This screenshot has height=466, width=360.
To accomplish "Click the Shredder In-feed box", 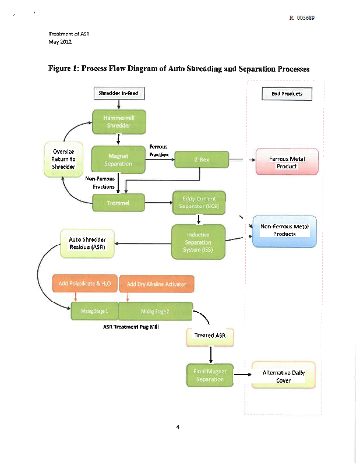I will [118, 93].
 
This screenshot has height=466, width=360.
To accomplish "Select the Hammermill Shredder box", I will [119, 122].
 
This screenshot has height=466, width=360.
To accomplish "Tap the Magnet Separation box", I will [118, 160].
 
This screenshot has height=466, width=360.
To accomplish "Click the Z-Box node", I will [200, 159].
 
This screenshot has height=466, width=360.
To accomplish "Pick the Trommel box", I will [118, 203].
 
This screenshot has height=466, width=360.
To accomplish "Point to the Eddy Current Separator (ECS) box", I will [199, 202].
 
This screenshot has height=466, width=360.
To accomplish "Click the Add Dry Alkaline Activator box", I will [156, 284].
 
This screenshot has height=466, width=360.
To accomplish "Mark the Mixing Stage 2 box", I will [155, 312].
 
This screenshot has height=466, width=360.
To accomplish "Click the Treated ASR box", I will [210, 336].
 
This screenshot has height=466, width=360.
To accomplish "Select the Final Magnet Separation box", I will [210, 375].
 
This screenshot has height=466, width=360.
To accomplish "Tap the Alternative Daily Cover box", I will [284, 376].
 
